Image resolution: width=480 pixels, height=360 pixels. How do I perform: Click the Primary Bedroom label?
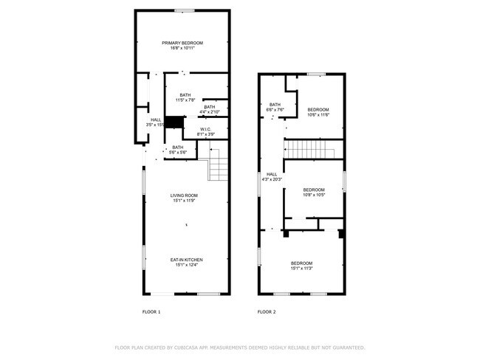pyautogui.click(x=182, y=44)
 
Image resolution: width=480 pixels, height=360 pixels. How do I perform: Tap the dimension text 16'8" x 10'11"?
pyautogui.click(x=182, y=49)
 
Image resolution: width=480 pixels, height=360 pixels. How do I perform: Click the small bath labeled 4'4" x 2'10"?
pyautogui.click(x=210, y=109)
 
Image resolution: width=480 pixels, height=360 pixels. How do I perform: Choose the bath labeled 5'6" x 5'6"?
pyautogui.click(x=178, y=149)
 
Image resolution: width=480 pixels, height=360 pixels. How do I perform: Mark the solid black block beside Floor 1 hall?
pyautogui.click(x=174, y=122)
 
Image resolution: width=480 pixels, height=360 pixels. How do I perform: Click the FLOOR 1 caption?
pyautogui.click(x=151, y=312)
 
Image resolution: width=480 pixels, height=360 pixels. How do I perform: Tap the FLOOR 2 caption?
pyautogui.click(x=266, y=312)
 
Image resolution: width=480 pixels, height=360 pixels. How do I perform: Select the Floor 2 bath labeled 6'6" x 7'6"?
pyautogui.click(x=275, y=107)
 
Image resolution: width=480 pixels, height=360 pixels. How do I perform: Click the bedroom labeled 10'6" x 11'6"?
pyautogui.click(x=318, y=111)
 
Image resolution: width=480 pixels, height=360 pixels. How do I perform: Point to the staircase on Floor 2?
pyautogui.click(x=311, y=150)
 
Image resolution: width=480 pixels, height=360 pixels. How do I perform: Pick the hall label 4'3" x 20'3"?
pyautogui.click(x=272, y=176)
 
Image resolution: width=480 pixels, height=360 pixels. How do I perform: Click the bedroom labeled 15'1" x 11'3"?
pyautogui.click(x=301, y=266)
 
